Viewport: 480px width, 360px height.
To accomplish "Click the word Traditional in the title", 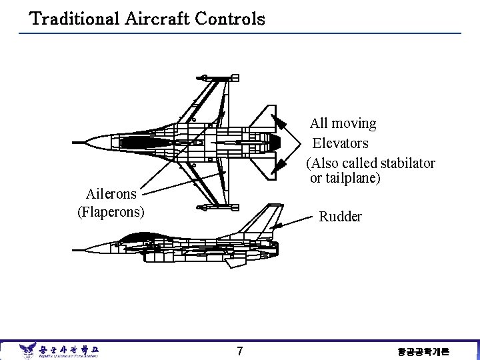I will click(75, 19).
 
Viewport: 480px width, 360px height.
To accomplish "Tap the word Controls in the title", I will click(230, 19).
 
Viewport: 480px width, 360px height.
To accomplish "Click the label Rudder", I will click(341, 217).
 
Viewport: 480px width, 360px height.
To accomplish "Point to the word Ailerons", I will click(111, 194).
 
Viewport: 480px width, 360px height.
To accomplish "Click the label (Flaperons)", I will click(111, 213).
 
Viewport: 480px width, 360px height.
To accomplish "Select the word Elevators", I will click(341, 143).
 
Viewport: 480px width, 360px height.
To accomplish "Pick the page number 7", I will click(240, 351).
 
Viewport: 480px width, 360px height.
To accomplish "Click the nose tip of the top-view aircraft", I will click(75, 142).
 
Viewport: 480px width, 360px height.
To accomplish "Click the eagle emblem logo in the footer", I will click(27, 350).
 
